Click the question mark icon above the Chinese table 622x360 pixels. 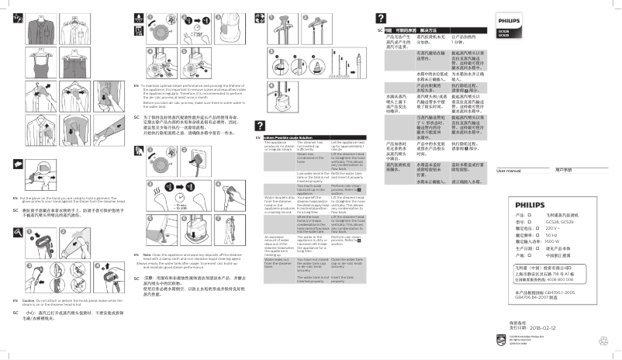pos(381,17)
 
